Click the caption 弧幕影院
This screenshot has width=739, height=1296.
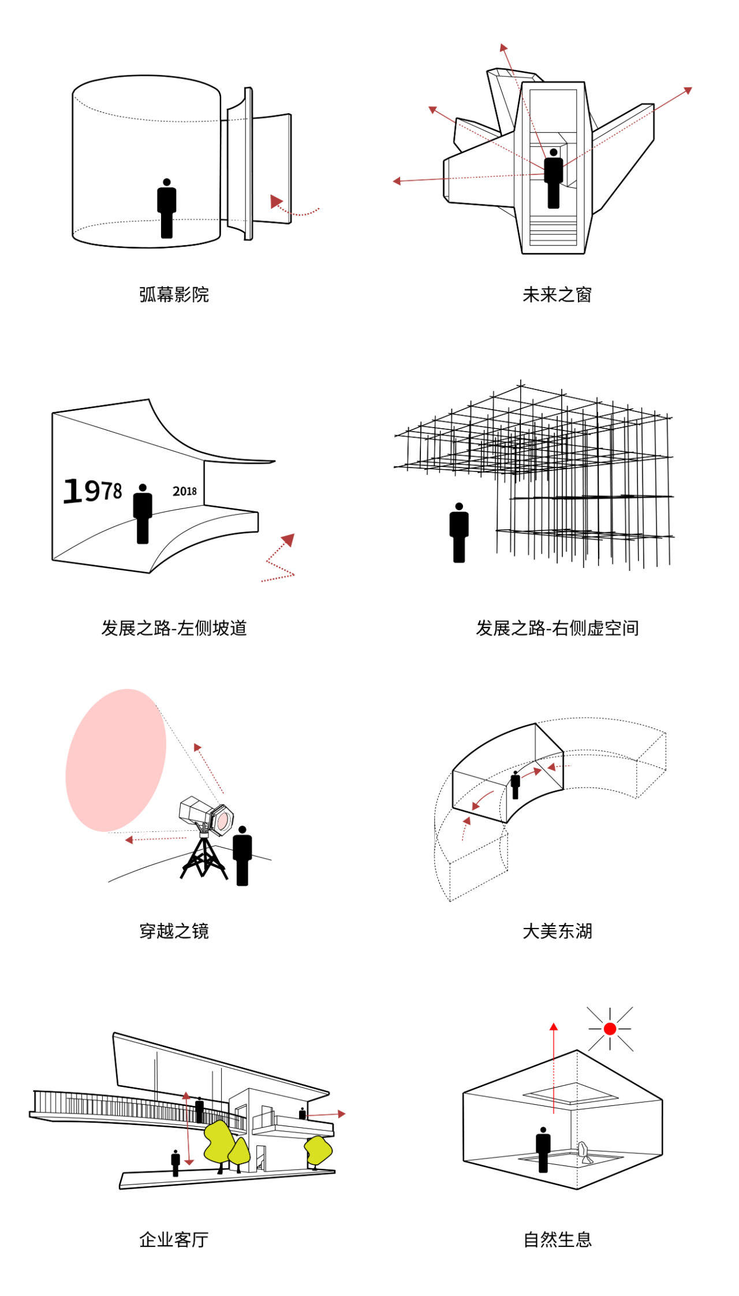(x=174, y=295)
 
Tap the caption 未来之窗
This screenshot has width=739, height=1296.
(x=557, y=295)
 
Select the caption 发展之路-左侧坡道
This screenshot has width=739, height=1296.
(x=174, y=627)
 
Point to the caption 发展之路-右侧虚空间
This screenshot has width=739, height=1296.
(x=557, y=627)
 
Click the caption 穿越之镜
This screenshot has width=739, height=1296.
(x=174, y=931)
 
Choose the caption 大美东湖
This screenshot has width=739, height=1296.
(x=557, y=931)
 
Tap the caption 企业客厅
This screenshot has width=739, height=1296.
(x=174, y=1239)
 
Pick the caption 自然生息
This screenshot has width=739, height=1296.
(x=557, y=1239)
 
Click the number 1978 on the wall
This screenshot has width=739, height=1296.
(x=92, y=491)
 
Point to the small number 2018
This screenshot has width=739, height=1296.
(x=185, y=491)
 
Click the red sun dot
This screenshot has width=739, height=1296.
(x=610, y=1028)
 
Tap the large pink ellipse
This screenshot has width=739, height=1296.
(x=115, y=760)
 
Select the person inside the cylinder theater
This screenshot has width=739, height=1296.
(x=167, y=208)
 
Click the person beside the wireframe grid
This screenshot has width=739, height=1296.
(x=459, y=532)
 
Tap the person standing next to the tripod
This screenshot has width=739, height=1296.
(x=242, y=855)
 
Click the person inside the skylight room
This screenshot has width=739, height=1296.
(x=543, y=1149)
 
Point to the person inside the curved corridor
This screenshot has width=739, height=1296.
(x=515, y=785)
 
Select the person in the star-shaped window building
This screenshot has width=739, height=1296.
(x=554, y=179)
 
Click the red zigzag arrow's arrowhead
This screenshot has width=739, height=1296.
(x=288, y=540)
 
